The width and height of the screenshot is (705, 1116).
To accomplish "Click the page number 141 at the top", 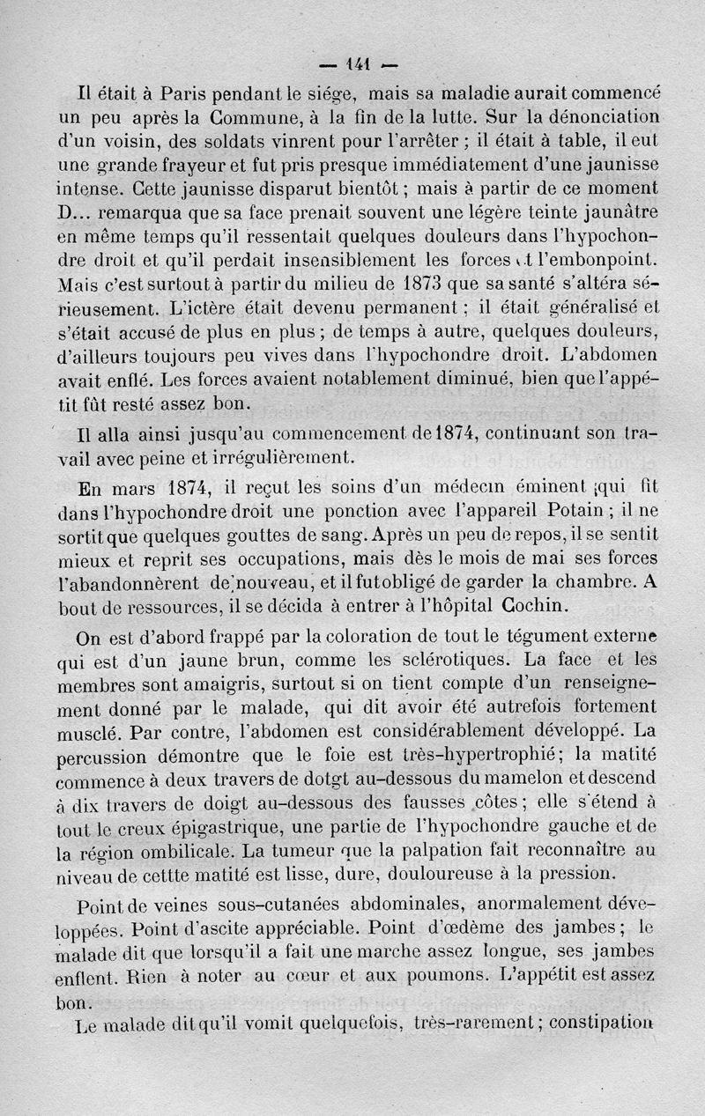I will pyautogui.click(x=359, y=63).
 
